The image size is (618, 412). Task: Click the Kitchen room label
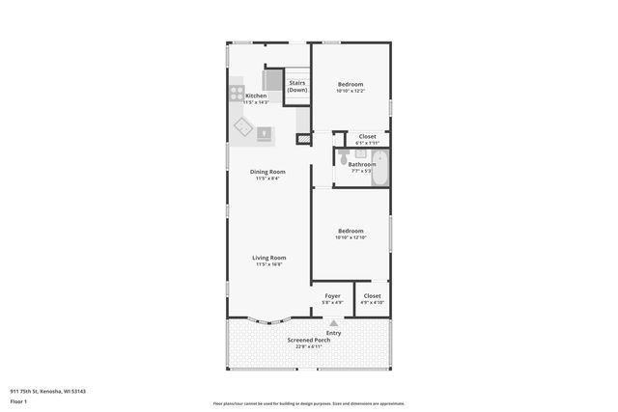(x=256, y=96)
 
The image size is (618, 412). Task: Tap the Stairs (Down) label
(x=297, y=86)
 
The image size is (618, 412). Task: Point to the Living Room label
(x=269, y=258)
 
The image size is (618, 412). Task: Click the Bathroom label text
(x=362, y=164)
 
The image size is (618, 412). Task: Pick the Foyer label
(x=332, y=295)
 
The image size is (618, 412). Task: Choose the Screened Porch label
(x=309, y=341)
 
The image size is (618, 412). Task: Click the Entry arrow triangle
(x=333, y=324)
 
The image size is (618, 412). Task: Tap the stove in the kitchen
(x=237, y=95)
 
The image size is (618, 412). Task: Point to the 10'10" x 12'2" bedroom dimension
(x=351, y=92)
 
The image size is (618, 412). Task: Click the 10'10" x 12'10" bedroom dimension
(x=351, y=236)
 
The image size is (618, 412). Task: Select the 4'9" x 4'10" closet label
(x=372, y=302)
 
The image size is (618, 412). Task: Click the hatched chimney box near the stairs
(x=303, y=139)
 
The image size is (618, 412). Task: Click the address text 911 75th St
(x=48, y=391)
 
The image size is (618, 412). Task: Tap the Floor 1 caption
(x=19, y=400)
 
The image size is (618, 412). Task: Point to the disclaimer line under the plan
(x=309, y=403)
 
